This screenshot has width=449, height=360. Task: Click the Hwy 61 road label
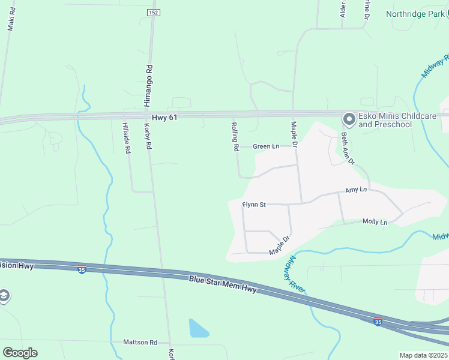164,118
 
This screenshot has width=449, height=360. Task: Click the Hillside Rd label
126,138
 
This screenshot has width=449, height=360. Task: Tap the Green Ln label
266,146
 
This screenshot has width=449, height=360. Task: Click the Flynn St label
254,205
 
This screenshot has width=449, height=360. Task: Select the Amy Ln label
355,190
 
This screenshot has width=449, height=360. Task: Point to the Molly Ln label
375,222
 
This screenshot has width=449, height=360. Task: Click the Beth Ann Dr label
348,148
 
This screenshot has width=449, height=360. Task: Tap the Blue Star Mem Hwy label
223,284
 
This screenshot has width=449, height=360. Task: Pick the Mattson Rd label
140,342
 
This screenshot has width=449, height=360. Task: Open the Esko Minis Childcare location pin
348,118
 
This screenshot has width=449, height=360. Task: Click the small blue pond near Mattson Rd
198,328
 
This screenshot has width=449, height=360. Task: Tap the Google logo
20,352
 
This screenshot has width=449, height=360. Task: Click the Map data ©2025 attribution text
423,355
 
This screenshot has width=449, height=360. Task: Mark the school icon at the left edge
4,296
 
